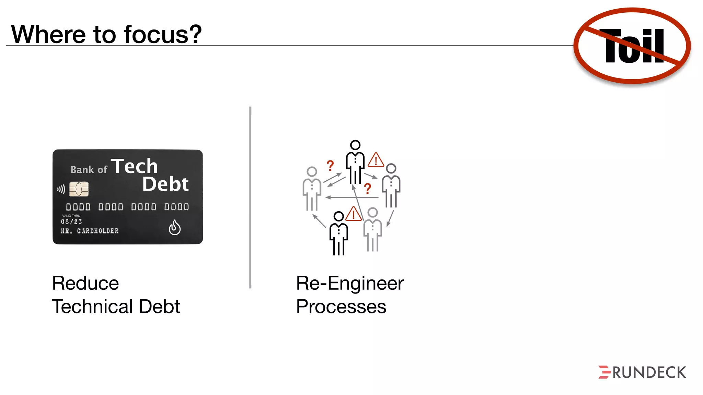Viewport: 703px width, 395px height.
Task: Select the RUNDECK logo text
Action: coord(649,373)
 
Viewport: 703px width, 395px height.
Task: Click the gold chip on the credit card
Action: coord(79,189)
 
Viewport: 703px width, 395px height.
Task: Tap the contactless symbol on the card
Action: coord(61,189)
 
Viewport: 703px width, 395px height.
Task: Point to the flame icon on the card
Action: coord(175,227)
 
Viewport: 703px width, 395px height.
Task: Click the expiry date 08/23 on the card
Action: coord(71,222)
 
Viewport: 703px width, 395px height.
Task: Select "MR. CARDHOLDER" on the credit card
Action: coord(90,231)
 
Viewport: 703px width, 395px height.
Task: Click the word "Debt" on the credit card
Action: coord(165,184)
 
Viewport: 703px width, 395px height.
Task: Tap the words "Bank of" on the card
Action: coord(89,169)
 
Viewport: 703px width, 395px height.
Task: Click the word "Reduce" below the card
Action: coord(85,283)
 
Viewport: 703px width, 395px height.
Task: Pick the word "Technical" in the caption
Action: coord(92,306)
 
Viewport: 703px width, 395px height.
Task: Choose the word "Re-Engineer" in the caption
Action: coord(350,283)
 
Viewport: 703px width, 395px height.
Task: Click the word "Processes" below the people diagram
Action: coord(341,306)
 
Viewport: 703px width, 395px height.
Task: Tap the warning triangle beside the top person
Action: coord(376,160)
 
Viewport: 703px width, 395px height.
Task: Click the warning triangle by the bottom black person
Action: coord(353,214)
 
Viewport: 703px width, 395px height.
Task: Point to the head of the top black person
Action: coord(355,145)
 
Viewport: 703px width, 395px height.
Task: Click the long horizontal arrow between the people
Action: coord(352,197)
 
